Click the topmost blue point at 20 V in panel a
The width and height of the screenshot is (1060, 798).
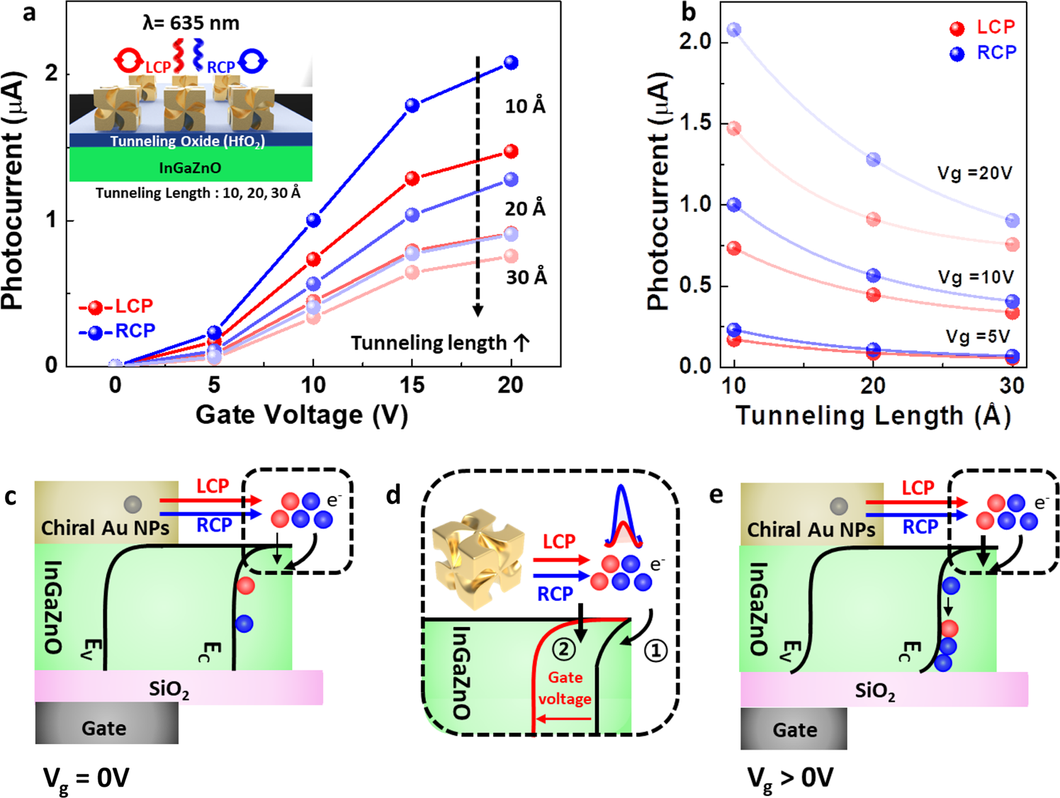pyautogui.click(x=510, y=63)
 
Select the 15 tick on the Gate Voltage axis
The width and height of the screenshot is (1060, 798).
pyautogui.click(x=412, y=386)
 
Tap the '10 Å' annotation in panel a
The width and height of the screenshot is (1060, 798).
pyautogui.click(x=525, y=106)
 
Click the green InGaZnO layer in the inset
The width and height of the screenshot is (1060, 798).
pyautogui.click(x=190, y=167)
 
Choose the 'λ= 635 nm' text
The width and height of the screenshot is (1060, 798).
pyautogui.click(x=191, y=23)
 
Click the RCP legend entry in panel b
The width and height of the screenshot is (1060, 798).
pyautogui.click(x=983, y=53)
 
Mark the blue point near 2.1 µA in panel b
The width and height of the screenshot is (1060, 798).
pyautogui.click(x=734, y=30)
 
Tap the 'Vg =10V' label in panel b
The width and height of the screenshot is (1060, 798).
pyautogui.click(x=976, y=277)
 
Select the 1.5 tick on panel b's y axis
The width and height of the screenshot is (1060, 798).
pyautogui.click(x=695, y=123)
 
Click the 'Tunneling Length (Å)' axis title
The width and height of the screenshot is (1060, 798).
pyautogui.click(x=873, y=415)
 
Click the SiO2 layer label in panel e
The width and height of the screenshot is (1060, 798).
pyautogui.click(x=874, y=691)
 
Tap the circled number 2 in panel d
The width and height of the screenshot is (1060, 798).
pyautogui.click(x=564, y=648)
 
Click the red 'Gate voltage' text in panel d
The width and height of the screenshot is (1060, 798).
pyautogui.click(x=565, y=688)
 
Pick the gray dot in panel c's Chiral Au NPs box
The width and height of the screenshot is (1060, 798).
pyautogui.click(x=132, y=504)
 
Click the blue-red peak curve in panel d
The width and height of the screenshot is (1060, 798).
pyautogui.click(x=622, y=517)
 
